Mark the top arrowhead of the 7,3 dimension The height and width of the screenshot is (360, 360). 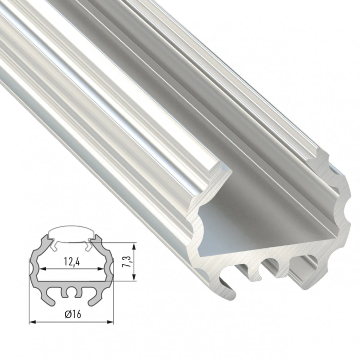point(135,243)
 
